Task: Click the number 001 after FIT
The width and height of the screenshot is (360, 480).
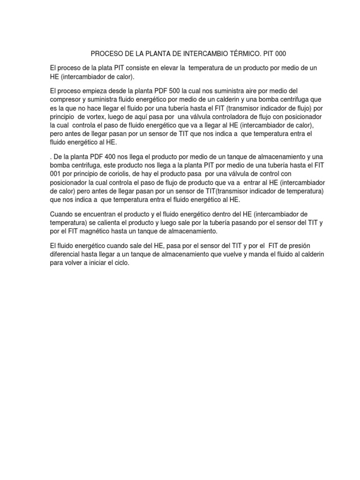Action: [56, 173]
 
